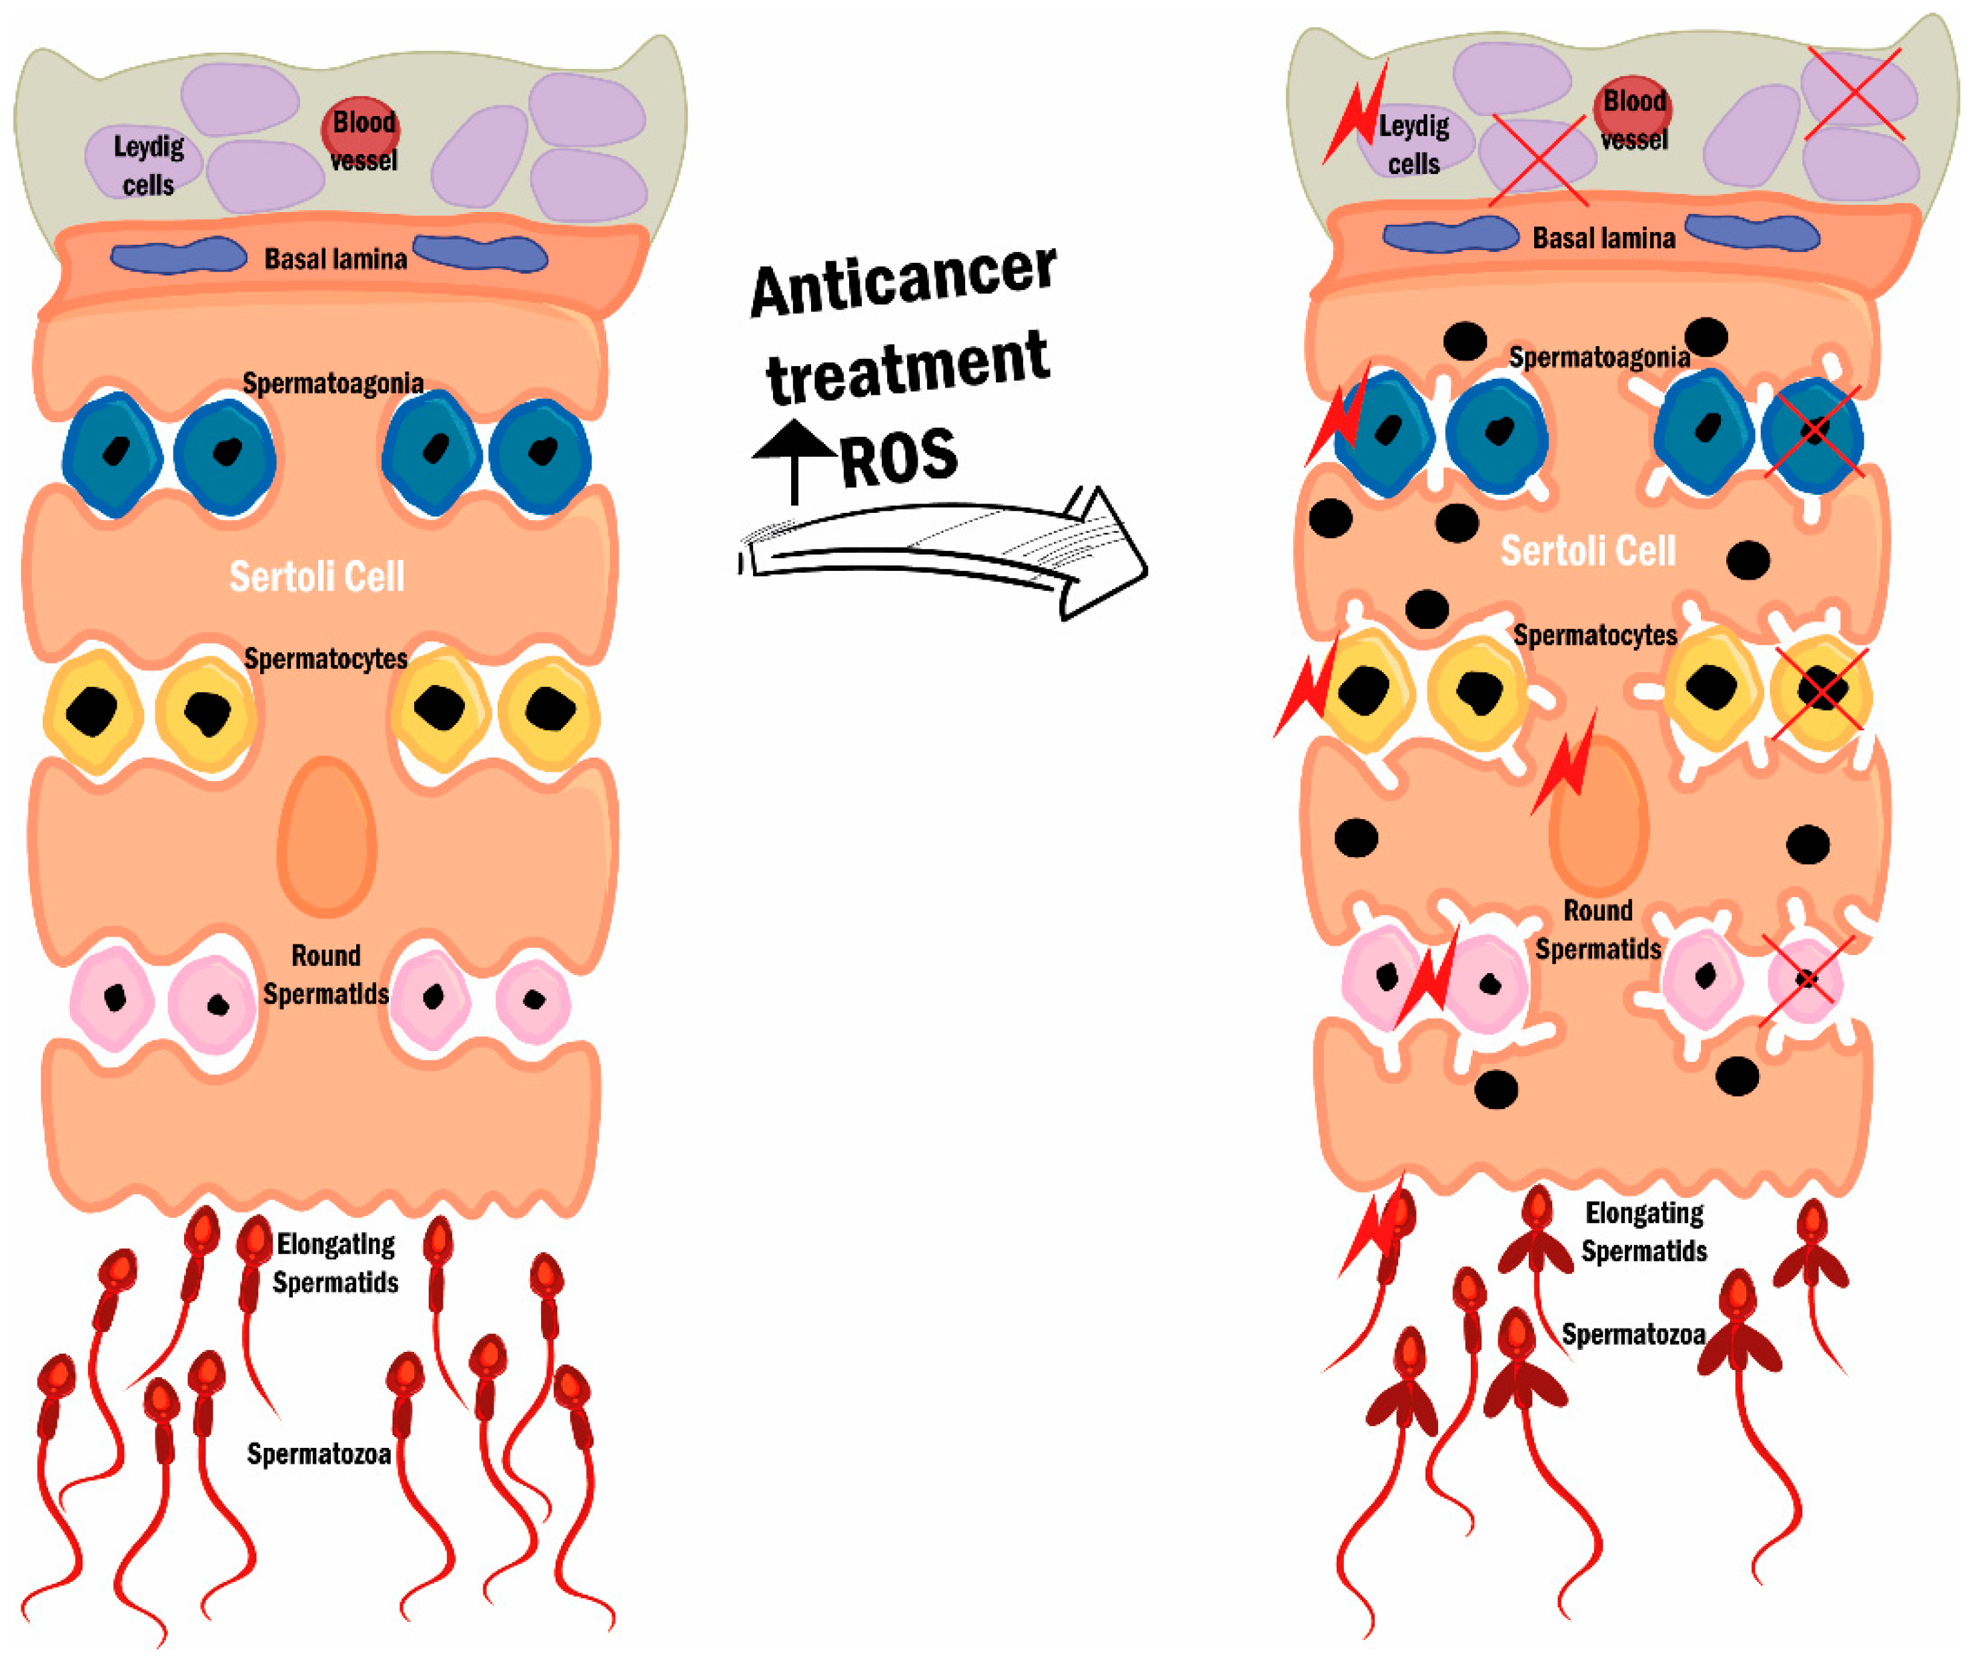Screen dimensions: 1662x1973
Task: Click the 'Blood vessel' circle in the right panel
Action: (x=1633, y=108)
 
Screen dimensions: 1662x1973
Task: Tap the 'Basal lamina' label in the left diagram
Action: (x=336, y=259)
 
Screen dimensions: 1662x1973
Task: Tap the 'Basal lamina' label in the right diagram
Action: (x=1603, y=238)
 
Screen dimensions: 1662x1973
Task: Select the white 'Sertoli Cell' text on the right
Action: (x=1587, y=551)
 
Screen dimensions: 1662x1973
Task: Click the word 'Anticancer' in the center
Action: (x=902, y=281)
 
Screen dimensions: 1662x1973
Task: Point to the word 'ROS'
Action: (x=898, y=459)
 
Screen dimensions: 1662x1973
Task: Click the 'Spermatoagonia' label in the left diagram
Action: (x=333, y=383)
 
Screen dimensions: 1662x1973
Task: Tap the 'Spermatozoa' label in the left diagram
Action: (x=318, y=1454)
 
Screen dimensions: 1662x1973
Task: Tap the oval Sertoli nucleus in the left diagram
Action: (x=326, y=836)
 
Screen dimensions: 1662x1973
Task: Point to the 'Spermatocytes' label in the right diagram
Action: (x=1594, y=635)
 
